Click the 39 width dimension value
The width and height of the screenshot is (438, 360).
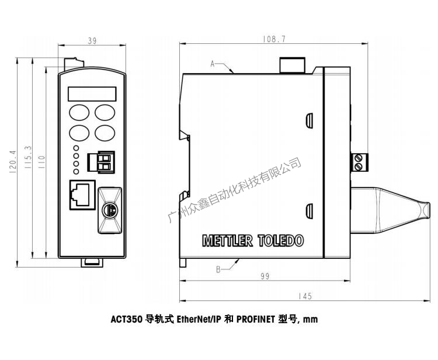coord(92,41)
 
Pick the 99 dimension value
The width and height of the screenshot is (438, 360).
coord(265,276)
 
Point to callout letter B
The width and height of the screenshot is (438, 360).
coord(218,269)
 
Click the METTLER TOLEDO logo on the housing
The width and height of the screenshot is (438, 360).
coord(252,240)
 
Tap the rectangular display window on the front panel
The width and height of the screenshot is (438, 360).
coord(92,94)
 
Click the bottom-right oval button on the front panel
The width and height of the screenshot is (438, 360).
coord(105,132)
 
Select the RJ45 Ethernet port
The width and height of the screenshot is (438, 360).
coord(81,194)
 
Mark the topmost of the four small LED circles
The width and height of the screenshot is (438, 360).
coord(76,149)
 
